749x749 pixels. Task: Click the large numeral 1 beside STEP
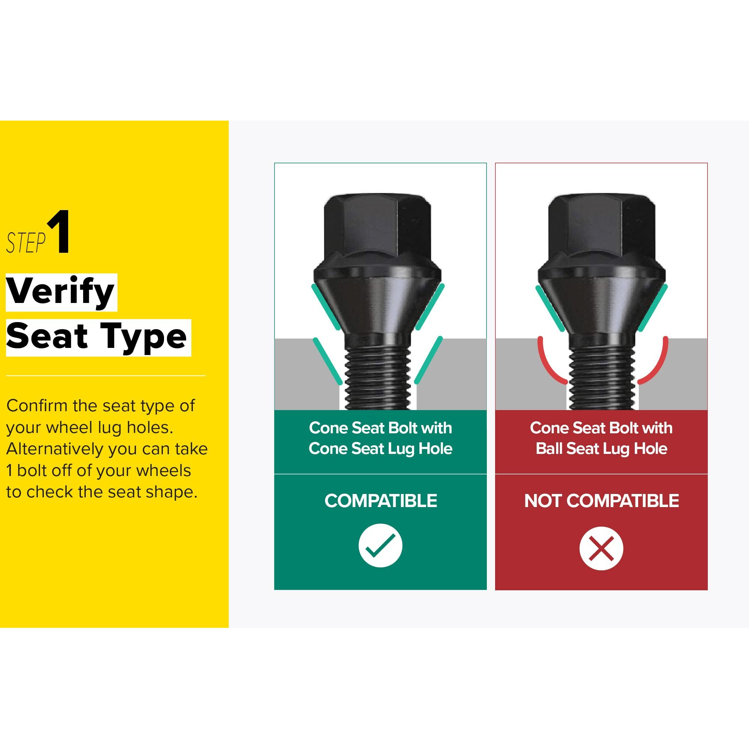[59, 231]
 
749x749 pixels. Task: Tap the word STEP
[26, 243]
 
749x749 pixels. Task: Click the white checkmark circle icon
[380, 546]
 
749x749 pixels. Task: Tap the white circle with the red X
[601, 548]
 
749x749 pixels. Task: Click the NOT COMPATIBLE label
[601, 500]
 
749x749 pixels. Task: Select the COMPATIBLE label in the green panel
[381, 500]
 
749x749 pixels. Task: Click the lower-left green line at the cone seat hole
[328, 361]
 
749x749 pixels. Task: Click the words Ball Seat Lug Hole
[601, 449]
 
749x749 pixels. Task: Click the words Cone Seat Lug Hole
[380, 449]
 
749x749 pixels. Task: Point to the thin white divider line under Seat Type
[106, 376]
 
